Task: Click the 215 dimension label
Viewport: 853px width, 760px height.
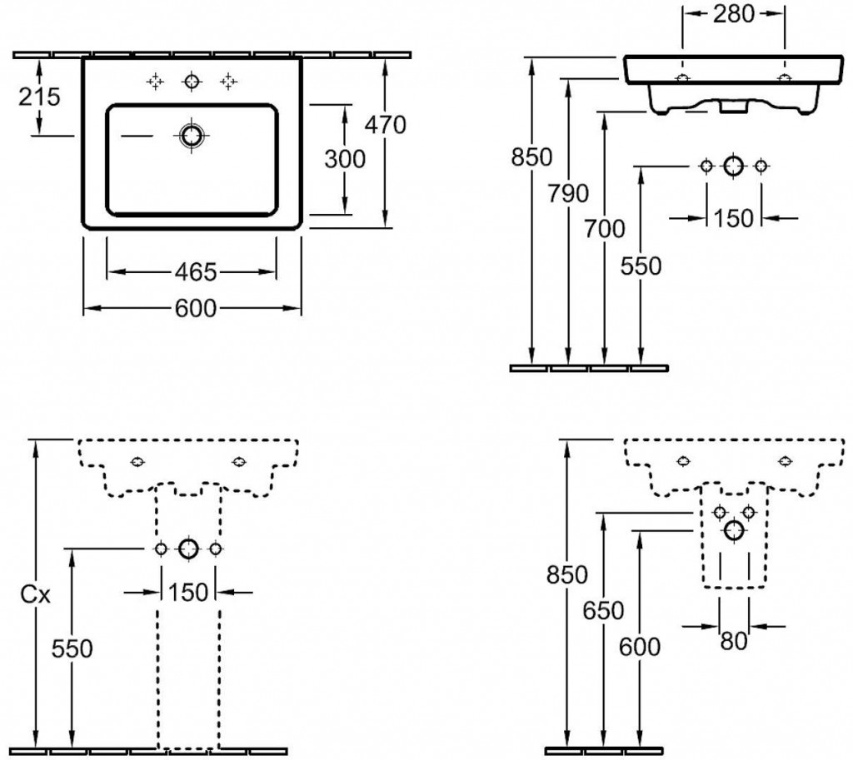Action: point(40,97)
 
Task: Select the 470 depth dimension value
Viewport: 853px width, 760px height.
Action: point(386,125)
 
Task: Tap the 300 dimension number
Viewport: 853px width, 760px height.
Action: point(345,157)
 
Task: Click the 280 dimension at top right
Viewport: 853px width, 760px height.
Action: point(734,13)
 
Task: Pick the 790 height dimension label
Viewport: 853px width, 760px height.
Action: point(567,194)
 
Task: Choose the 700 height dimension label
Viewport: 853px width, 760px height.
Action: point(603,229)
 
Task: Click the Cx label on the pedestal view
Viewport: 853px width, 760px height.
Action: point(36,595)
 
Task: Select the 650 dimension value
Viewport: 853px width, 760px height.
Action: point(602,611)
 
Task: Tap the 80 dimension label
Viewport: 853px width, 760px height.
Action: point(733,641)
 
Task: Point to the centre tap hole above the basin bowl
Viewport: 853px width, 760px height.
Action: point(192,81)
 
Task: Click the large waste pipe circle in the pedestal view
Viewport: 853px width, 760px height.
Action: point(188,549)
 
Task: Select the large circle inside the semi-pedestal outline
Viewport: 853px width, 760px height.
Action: point(734,529)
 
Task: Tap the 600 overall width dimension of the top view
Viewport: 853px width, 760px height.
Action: point(195,309)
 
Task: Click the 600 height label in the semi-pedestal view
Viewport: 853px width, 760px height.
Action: point(639,646)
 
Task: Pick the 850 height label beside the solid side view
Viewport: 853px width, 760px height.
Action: point(531,156)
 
